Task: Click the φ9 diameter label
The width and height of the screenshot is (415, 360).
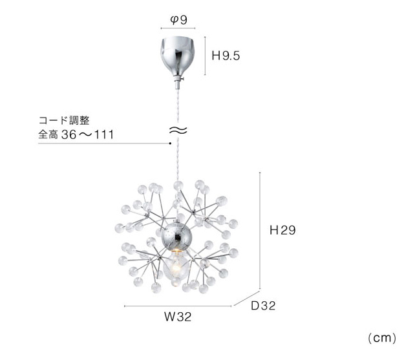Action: coord(178,19)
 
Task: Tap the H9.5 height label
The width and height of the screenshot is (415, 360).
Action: coord(226,56)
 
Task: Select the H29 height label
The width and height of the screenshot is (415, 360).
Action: coord(282,230)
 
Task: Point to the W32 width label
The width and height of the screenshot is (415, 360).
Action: coord(178,317)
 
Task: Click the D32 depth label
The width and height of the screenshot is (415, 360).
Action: coord(263,306)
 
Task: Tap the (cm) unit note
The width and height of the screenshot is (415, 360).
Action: coord(382,338)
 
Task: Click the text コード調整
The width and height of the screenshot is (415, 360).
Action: coord(64,120)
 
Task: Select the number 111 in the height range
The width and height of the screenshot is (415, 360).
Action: coord(104,134)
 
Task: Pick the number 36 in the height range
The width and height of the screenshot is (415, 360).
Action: coord(69,134)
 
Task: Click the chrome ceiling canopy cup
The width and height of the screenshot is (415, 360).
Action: coord(178,56)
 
